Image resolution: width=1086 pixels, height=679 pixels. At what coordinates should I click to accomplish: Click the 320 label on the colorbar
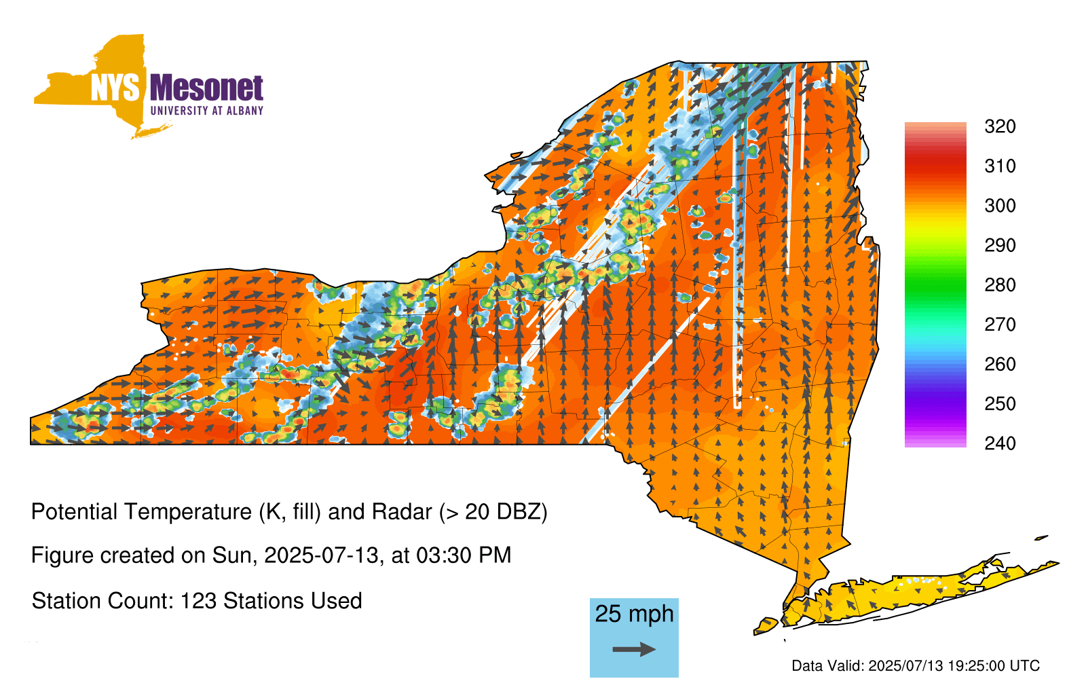click(x=1000, y=126)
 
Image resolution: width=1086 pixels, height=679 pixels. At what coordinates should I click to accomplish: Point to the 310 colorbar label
click(x=1000, y=166)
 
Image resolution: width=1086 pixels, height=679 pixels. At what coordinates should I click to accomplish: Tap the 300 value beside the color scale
click(x=1000, y=206)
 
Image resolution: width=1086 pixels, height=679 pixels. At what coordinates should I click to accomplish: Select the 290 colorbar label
click(x=1000, y=245)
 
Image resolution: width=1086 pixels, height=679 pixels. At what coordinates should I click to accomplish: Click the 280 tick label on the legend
click(x=1000, y=285)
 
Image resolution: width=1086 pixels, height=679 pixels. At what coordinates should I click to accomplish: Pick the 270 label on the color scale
click(x=1000, y=325)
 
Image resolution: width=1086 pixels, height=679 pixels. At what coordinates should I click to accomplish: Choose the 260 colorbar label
click(x=1000, y=364)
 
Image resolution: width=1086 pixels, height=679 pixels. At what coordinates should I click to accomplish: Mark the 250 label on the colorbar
click(x=1000, y=403)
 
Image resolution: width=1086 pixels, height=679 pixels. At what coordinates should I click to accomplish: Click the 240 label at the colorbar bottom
click(x=1000, y=443)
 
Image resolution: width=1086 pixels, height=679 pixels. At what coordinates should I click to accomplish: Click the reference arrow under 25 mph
click(x=634, y=649)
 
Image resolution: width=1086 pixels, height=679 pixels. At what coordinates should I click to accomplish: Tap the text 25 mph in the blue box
click(x=634, y=614)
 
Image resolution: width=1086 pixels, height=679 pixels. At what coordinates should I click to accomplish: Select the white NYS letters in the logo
click(x=115, y=88)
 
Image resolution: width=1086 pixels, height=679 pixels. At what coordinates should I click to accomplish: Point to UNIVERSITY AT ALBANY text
click(x=207, y=111)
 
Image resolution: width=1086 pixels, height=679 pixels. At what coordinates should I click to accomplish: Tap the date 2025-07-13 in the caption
click(x=321, y=555)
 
